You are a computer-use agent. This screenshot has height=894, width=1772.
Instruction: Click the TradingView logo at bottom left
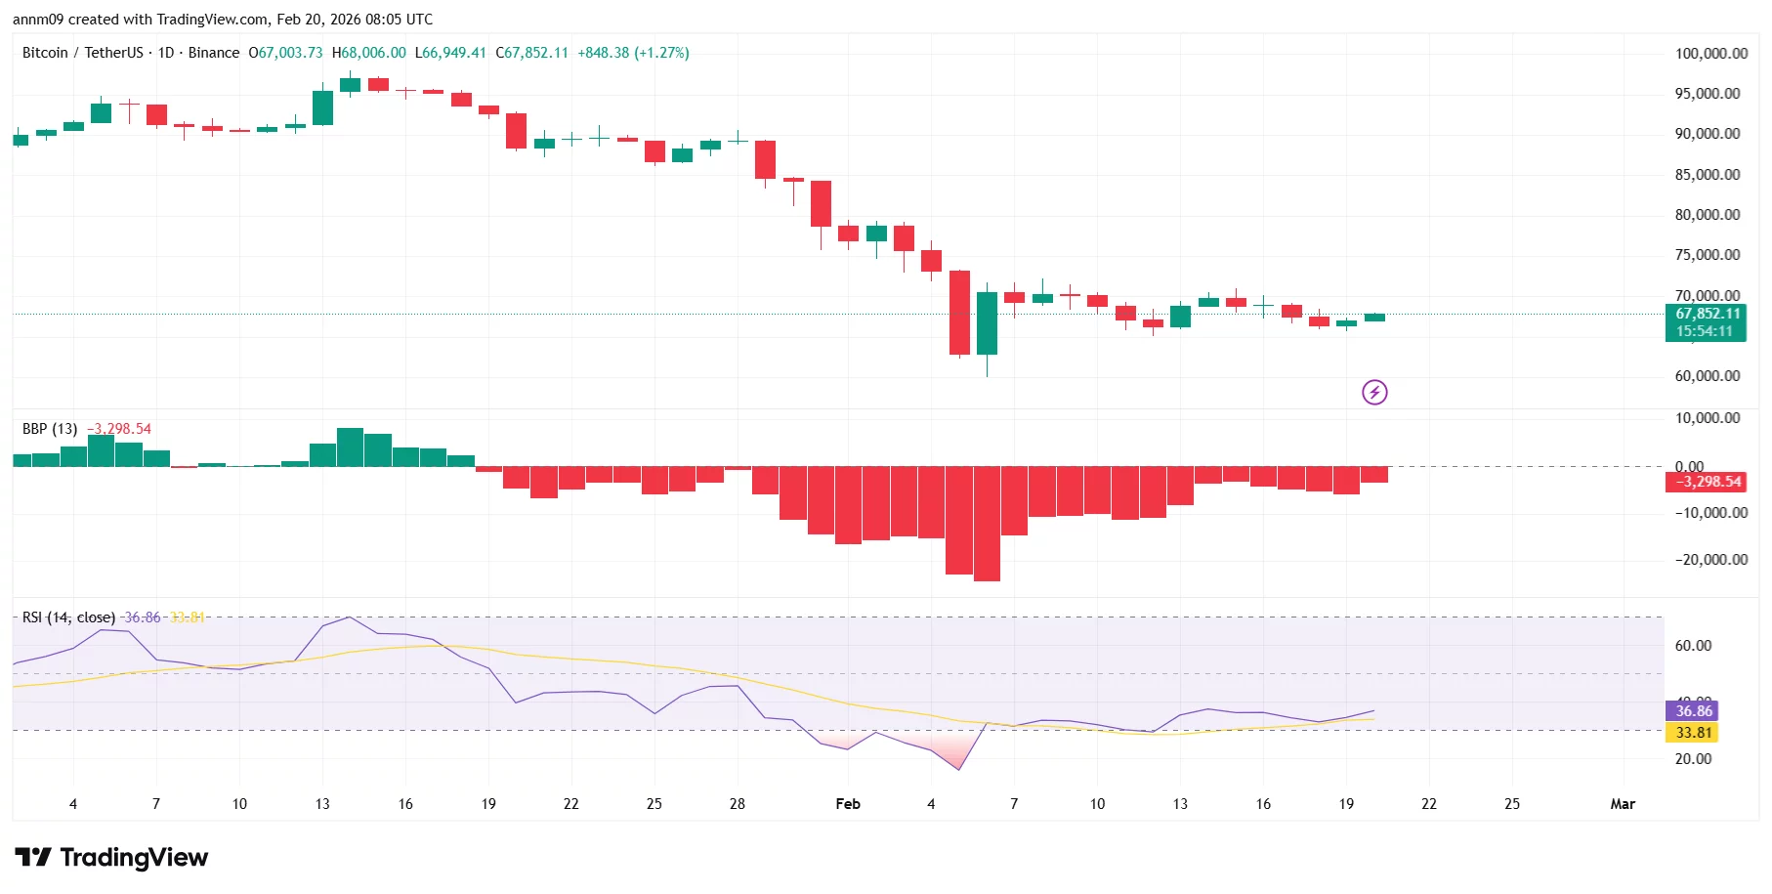pyautogui.click(x=111, y=858)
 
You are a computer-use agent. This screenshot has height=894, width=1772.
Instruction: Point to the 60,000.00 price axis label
pyautogui.click(x=1707, y=376)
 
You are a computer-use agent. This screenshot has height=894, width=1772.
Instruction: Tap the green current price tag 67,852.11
pyautogui.click(x=1707, y=315)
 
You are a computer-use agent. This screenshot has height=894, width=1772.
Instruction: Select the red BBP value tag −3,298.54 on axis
pyautogui.click(x=1707, y=482)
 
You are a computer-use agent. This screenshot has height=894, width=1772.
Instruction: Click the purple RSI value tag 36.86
pyautogui.click(x=1693, y=711)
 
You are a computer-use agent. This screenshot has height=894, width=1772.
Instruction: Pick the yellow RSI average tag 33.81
pyautogui.click(x=1693, y=733)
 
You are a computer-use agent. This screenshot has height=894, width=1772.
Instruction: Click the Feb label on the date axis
pyautogui.click(x=847, y=804)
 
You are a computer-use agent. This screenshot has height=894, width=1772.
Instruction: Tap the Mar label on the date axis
pyautogui.click(x=1622, y=804)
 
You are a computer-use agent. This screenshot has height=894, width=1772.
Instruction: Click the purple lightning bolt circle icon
pyautogui.click(x=1374, y=393)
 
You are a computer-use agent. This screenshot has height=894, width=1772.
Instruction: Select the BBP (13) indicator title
pyautogui.click(x=50, y=429)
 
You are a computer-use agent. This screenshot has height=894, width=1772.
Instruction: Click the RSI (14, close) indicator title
pyautogui.click(x=68, y=617)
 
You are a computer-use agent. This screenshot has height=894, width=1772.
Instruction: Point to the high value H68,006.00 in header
pyautogui.click(x=368, y=53)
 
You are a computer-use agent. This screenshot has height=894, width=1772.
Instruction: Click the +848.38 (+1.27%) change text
pyautogui.click(x=633, y=53)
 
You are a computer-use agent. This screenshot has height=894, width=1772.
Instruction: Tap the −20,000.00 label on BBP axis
pyautogui.click(x=1710, y=560)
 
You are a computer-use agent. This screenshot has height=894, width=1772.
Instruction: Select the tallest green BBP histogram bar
pyautogui.click(x=350, y=447)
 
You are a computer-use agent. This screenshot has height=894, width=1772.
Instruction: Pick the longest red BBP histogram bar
pyautogui.click(x=987, y=524)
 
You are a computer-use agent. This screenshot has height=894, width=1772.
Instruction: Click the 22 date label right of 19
pyautogui.click(x=1428, y=804)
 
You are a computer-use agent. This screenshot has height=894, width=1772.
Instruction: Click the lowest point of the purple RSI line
pyautogui.click(x=959, y=769)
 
